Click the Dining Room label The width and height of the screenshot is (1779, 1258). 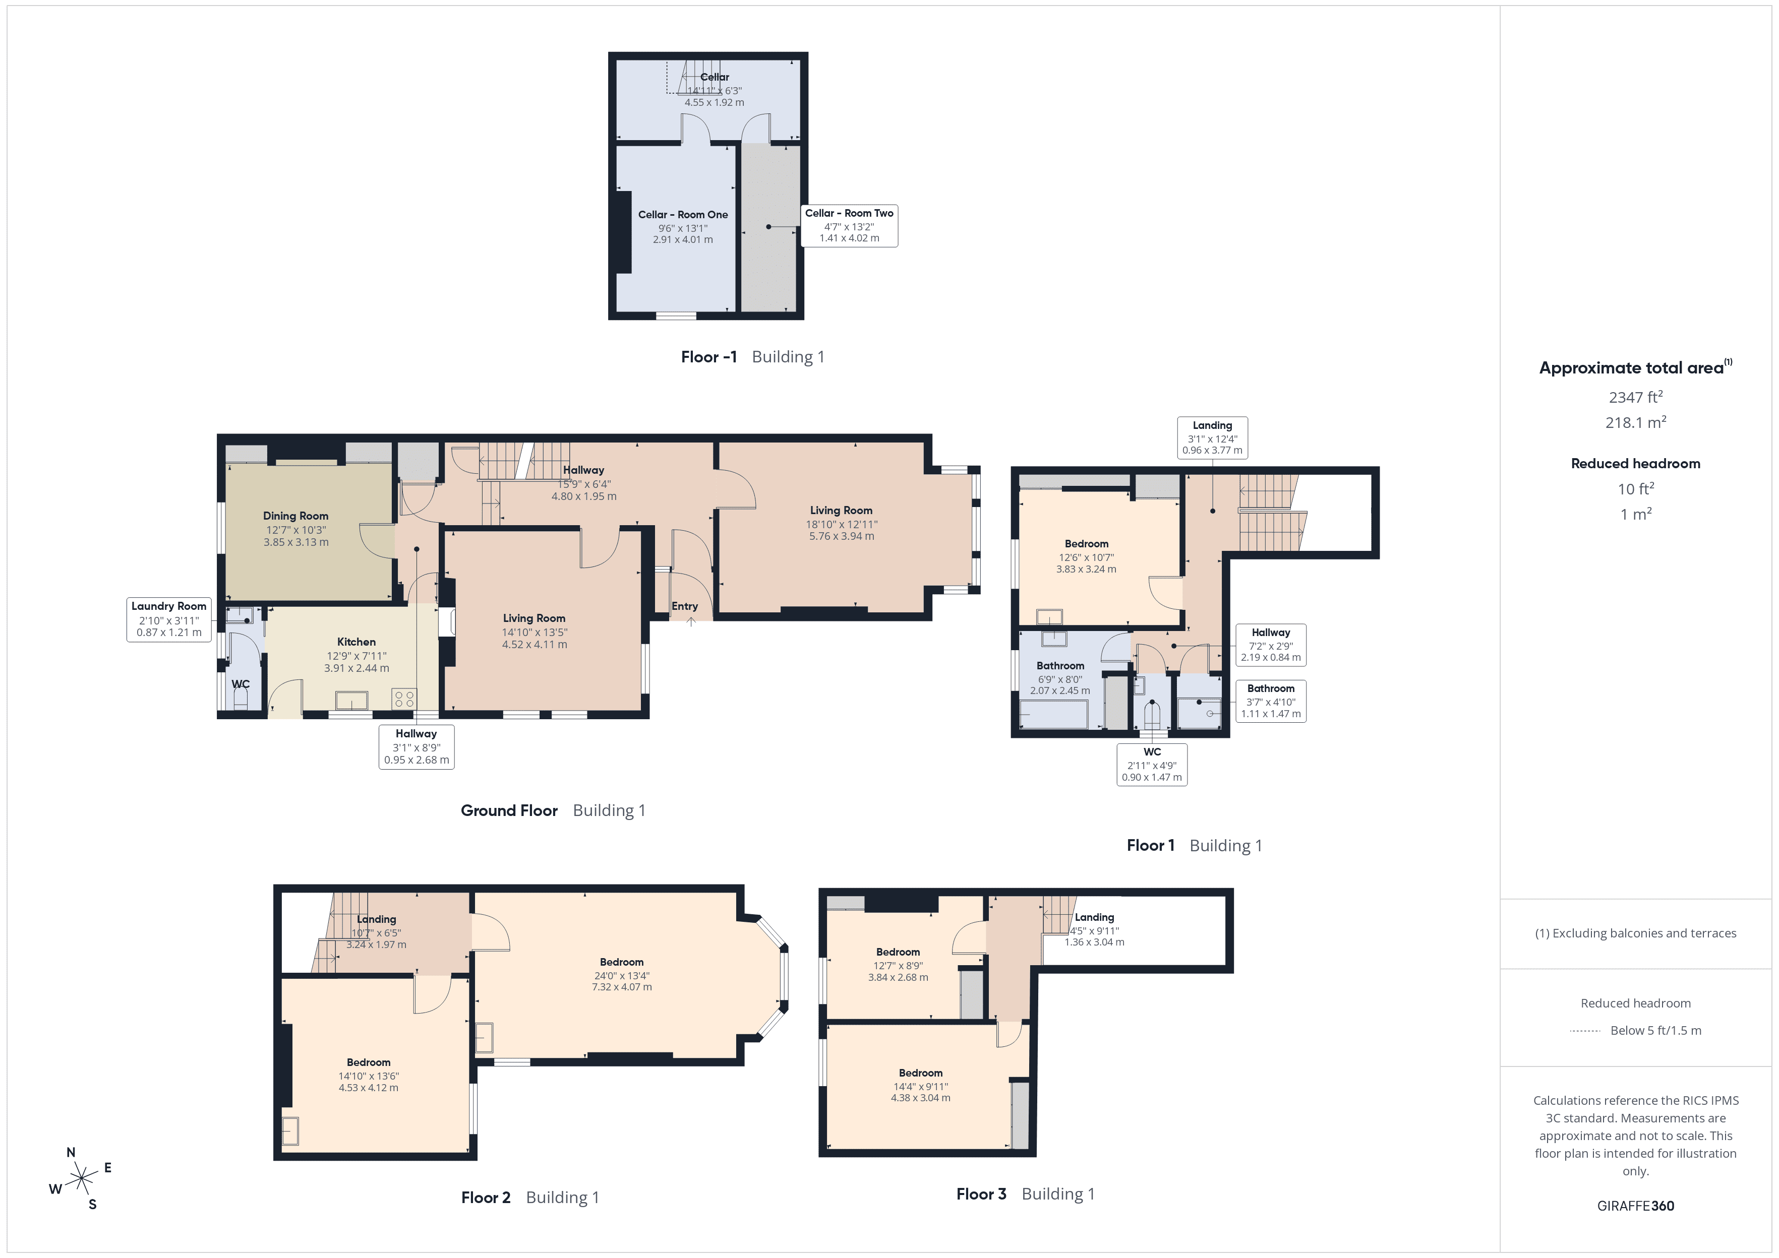[x=295, y=516]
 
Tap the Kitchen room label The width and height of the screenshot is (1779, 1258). [x=357, y=642]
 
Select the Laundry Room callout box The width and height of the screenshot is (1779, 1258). [x=169, y=619]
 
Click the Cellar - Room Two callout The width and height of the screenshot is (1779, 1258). [x=849, y=225]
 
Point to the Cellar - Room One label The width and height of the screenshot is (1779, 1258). [x=683, y=215]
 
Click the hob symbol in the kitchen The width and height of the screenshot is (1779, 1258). [x=404, y=699]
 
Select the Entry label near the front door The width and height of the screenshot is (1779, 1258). [x=684, y=606]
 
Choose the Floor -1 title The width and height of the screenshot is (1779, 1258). [x=708, y=357]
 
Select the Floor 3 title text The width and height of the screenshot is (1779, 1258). [x=981, y=1193]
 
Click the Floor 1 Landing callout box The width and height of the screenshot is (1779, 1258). [x=1212, y=437]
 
